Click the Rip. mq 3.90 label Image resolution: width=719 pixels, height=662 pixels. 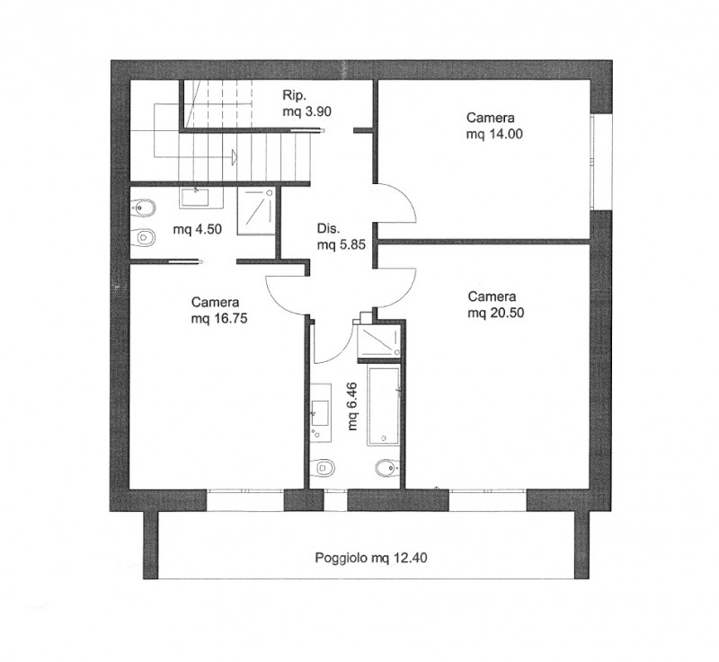pos(306,103)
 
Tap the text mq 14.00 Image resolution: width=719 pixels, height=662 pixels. pos(494,134)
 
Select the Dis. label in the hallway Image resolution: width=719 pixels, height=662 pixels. pos(328,229)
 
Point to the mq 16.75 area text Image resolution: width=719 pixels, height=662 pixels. pos(219,318)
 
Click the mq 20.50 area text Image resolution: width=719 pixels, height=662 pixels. pos(496,313)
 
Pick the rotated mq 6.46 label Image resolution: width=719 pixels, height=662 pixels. pos(352,406)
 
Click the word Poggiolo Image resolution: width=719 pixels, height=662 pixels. pos(342,558)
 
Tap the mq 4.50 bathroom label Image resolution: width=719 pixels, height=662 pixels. pos(197,229)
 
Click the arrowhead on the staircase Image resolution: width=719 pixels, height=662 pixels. pos(234,156)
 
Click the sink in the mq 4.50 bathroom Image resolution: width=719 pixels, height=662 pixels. pos(200,198)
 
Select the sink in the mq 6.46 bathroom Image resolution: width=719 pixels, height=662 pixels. pos(320,413)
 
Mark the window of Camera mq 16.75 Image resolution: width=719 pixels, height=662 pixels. pos(245,499)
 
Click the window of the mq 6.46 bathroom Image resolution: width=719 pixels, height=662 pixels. pos(335,499)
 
